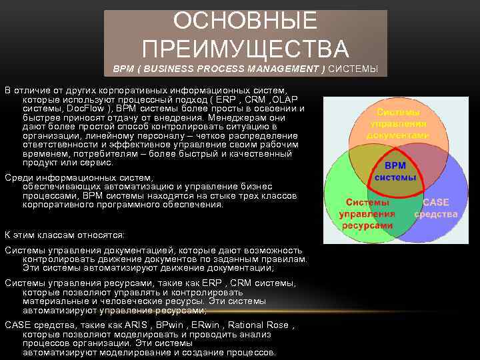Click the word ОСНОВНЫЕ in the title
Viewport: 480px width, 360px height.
(245, 21)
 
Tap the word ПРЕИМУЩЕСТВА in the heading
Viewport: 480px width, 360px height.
(245, 49)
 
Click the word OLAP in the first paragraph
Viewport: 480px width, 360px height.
(284, 99)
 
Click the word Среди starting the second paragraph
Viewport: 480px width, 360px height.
(18, 178)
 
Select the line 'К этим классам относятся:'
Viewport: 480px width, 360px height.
(65, 235)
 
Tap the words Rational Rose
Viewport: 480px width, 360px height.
(259, 325)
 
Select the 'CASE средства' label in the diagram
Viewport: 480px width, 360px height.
(435, 208)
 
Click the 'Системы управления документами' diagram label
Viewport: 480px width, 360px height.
(398, 123)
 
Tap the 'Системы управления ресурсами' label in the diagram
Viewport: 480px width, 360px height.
(367, 214)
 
